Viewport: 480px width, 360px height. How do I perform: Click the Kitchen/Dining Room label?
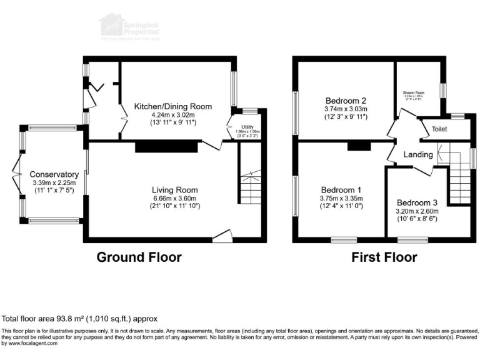coord(173,106)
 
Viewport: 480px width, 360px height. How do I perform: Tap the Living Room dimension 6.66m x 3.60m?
coord(174,199)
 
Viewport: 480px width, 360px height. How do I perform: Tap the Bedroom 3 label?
coord(417,202)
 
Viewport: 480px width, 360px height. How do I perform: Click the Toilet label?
coord(440,129)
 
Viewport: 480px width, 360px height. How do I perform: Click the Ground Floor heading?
coord(139,257)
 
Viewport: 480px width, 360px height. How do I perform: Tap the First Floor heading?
coord(384,257)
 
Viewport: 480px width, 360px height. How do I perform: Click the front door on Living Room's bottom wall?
coord(222,236)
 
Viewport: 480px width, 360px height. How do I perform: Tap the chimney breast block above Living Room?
coord(166,146)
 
